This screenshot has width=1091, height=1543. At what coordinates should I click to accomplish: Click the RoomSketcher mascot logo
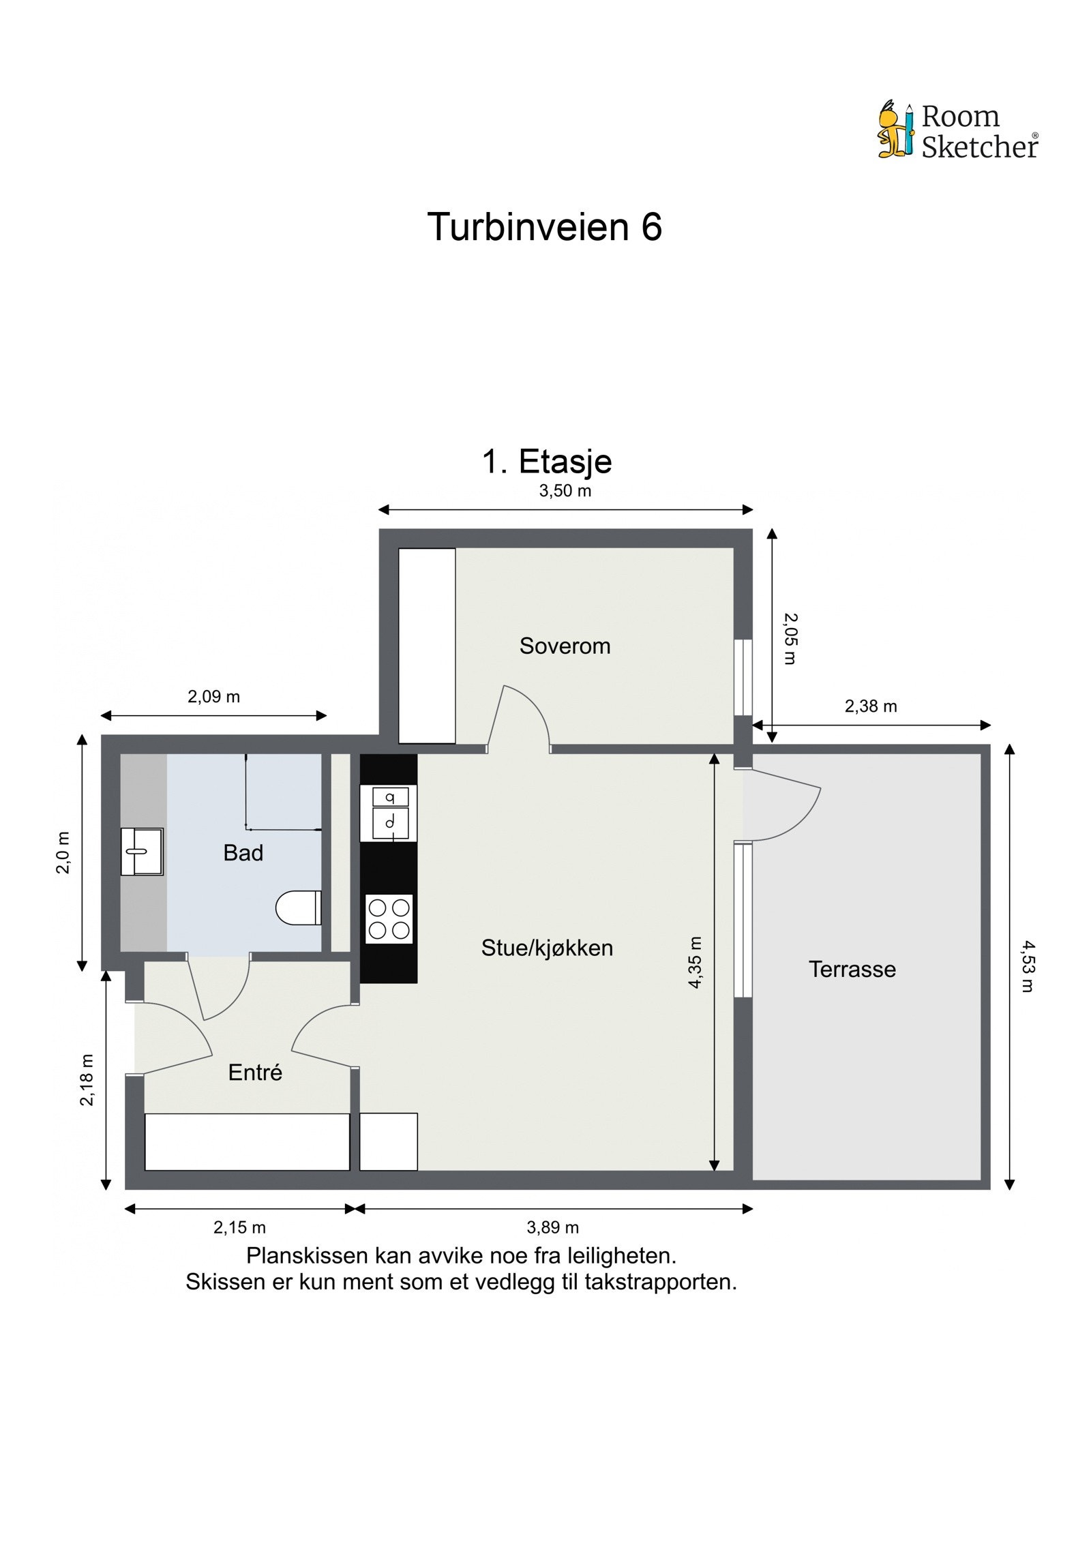[895, 130]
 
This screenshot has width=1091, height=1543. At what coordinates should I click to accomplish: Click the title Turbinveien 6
[544, 226]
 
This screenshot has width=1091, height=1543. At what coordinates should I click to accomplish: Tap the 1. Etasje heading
[547, 462]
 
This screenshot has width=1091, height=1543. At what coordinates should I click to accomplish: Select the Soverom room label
[565, 646]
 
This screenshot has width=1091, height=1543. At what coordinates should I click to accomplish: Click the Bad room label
[243, 853]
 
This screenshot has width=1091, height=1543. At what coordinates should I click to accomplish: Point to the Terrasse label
[852, 969]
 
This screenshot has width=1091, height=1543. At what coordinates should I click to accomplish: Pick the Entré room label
[255, 1073]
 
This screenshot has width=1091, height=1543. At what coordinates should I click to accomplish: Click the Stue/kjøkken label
[547, 948]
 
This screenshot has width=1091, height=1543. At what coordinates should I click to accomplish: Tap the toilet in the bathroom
[299, 908]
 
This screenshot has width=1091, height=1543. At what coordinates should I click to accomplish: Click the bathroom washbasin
[142, 852]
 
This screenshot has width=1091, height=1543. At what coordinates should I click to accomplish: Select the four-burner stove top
[389, 918]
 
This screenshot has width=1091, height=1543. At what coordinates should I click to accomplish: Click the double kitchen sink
[389, 813]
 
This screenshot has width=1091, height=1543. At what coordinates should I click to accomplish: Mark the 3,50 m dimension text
[565, 491]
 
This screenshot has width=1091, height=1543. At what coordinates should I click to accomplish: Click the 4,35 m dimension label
[694, 962]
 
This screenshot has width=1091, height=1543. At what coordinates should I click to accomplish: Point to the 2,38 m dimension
[870, 706]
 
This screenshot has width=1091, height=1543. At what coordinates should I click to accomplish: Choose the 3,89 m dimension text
[552, 1228]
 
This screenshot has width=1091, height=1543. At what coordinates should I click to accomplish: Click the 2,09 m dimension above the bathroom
[213, 697]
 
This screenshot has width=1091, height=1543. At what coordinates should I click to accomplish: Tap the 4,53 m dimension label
[1028, 966]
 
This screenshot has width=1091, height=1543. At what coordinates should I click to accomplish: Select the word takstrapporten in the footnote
[660, 1282]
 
